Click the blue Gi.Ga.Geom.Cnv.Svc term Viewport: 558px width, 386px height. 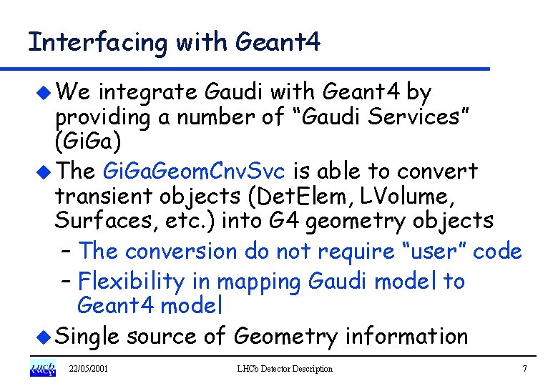(193, 172)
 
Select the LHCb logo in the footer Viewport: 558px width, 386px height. (42, 369)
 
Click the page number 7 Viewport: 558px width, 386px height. (524, 369)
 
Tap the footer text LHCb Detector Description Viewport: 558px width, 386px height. (285, 369)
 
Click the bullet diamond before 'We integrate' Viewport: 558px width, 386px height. (44, 91)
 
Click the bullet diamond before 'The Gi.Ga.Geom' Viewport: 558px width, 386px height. (44, 172)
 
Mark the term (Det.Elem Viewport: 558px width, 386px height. (287, 195)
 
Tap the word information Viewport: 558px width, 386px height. (405, 336)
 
